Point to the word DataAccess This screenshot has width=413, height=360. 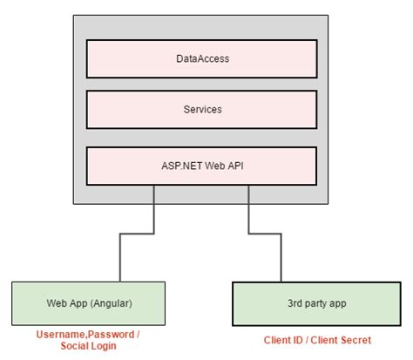tap(202, 60)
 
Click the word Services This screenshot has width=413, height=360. tap(202, 111)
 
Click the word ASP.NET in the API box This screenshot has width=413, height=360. tap(184, 163)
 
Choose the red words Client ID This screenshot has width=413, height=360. tap(283, 340)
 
